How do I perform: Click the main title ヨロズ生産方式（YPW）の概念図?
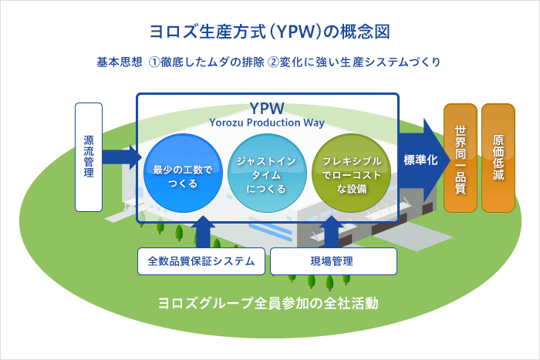[270, 32]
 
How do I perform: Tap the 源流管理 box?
[89, 157]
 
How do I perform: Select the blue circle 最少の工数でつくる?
[183, 173]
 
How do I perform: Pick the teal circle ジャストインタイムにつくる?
[267, 173]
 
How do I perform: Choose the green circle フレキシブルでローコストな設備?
[352, 173]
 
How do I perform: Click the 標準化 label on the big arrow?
[420, 160]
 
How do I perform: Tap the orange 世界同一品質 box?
[461, 158]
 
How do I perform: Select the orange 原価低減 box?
[498, 158]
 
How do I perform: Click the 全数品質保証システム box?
[201, 261]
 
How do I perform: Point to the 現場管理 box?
[333, 261]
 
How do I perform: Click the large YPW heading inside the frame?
[267, 109]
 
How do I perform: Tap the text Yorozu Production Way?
[267, 123]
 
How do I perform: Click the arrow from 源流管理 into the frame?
[122, 157]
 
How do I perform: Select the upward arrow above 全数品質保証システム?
[203, 232]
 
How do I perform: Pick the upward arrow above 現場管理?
[332, 232]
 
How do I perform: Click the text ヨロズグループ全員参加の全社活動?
[268, 303]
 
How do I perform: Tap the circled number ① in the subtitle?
[154, 62]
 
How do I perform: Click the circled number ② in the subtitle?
[273, 62]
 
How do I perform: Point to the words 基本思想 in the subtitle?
[119, 62]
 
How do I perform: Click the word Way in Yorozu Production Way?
[314, 123]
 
